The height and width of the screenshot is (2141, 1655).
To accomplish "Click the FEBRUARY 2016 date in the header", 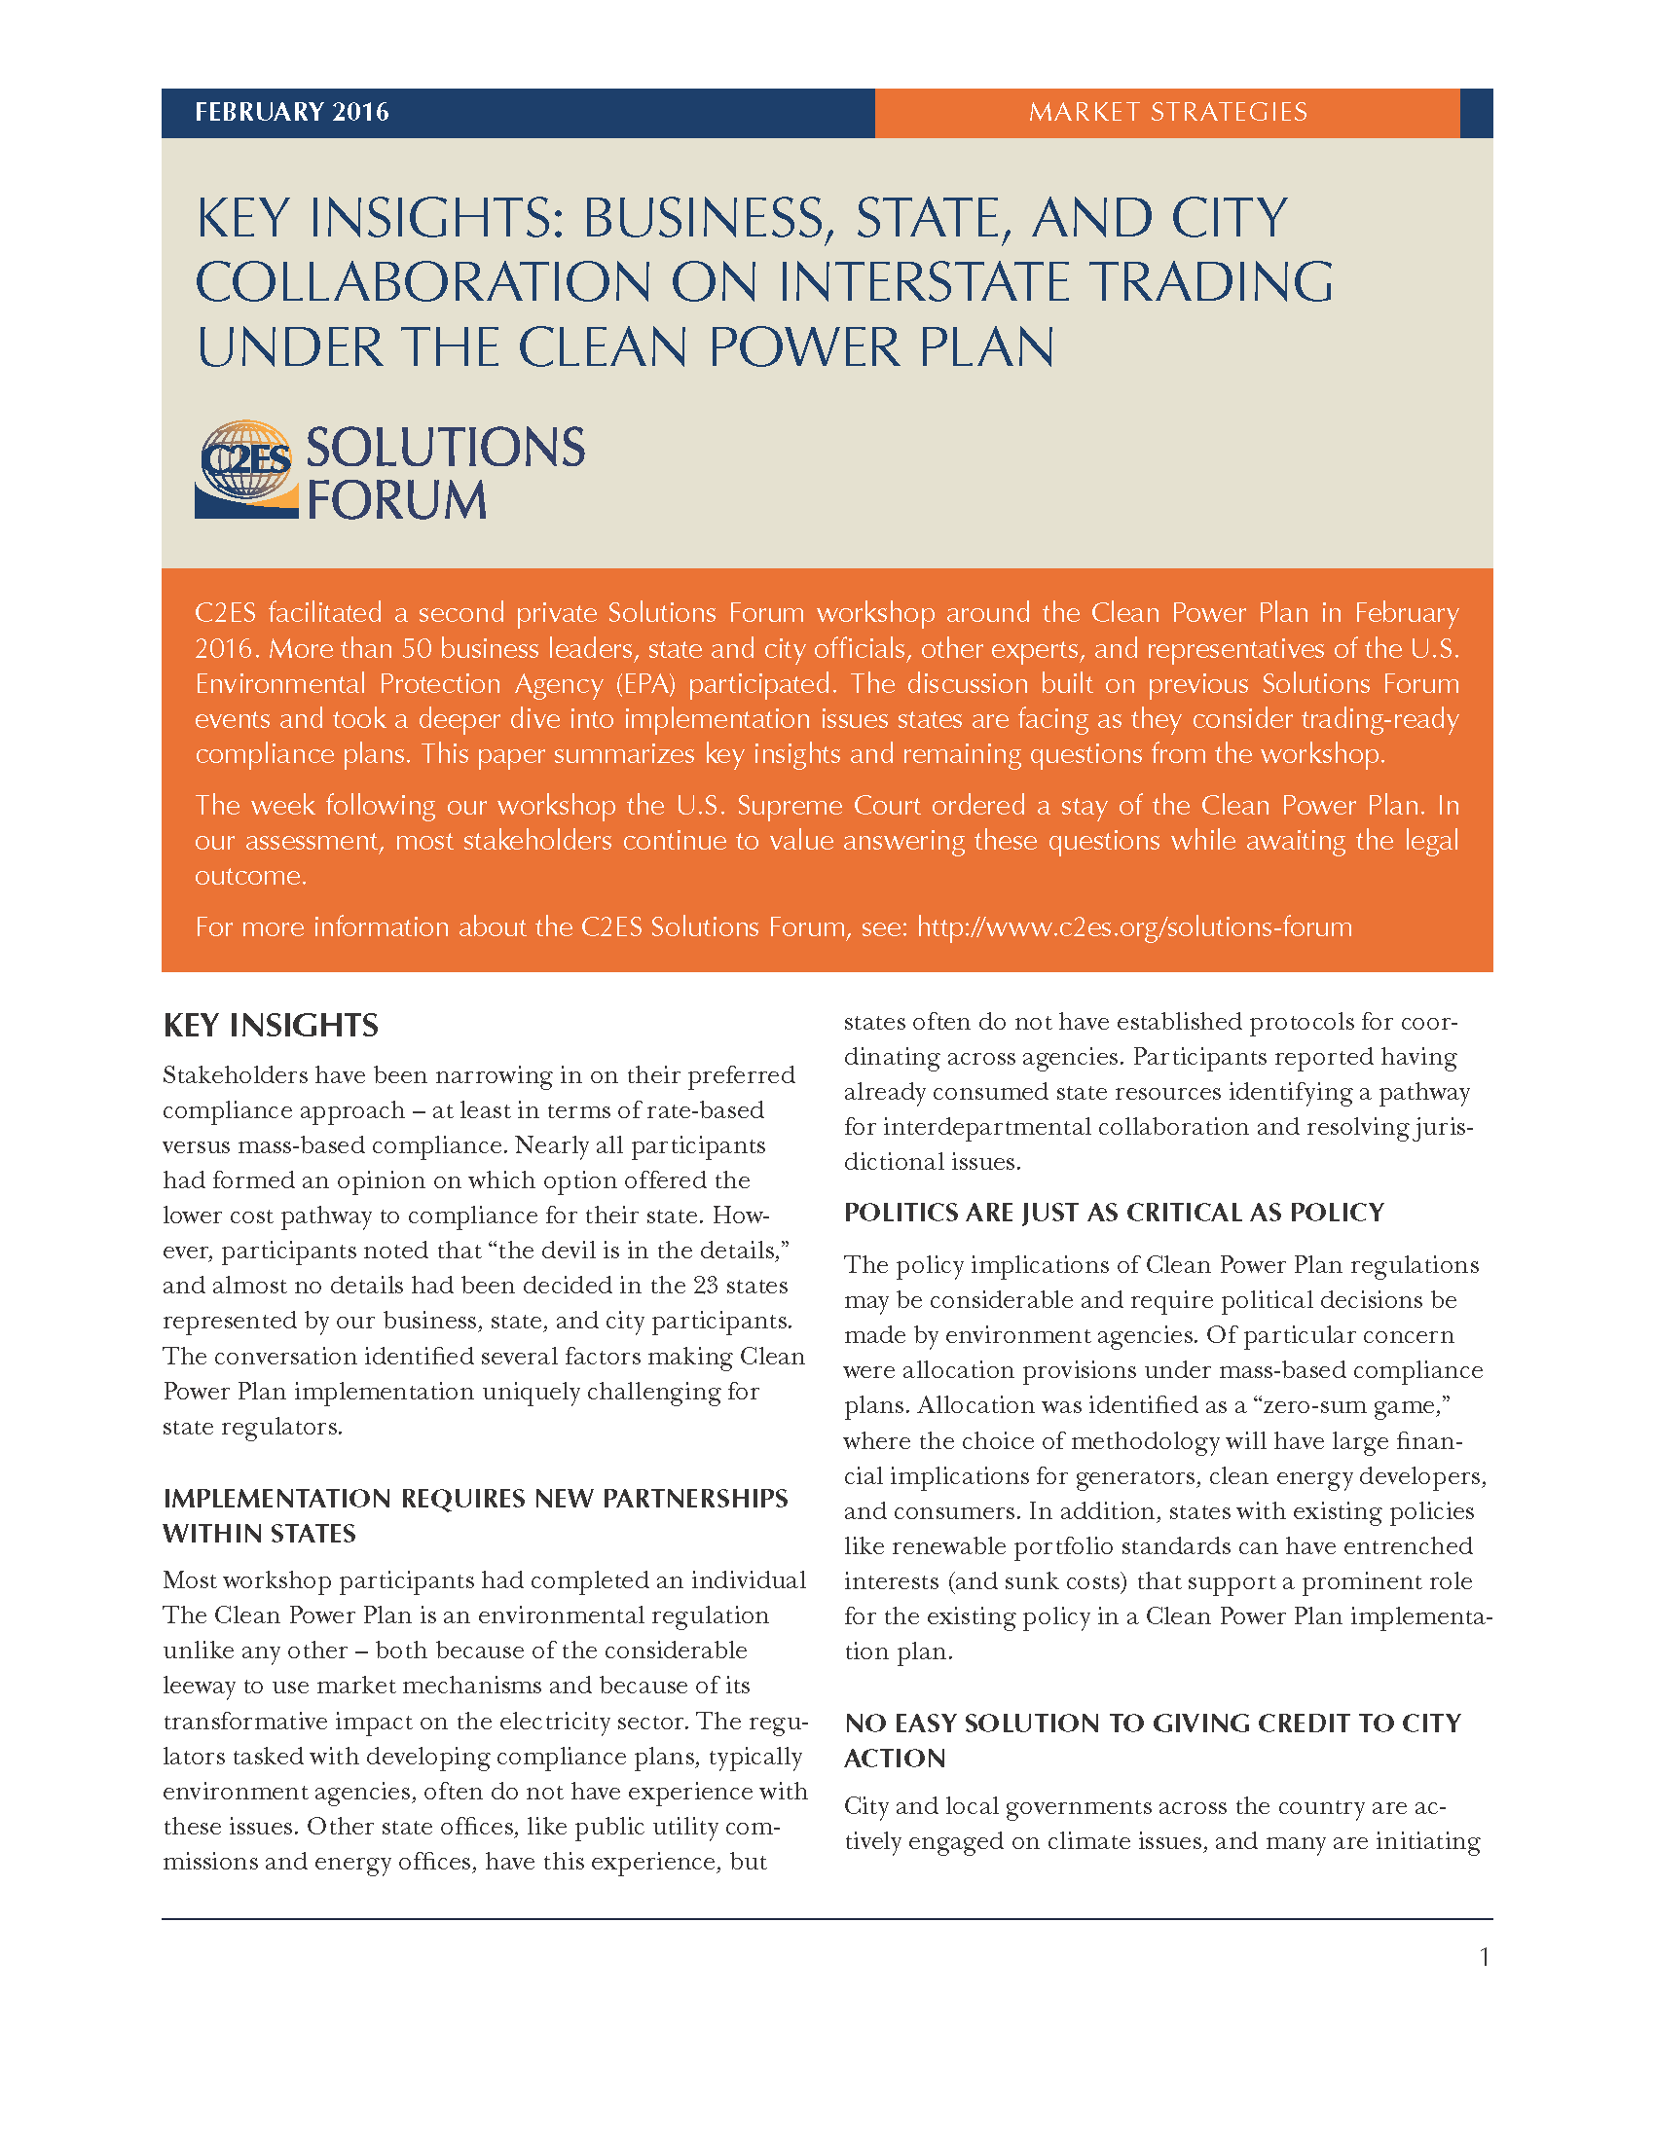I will tap(291, 113).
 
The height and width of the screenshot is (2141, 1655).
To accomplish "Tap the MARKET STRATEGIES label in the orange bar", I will tap(1166, 113).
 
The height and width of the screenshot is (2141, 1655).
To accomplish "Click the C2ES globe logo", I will tap(246, 469).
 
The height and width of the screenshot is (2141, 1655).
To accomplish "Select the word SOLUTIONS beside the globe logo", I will tap(445, 448).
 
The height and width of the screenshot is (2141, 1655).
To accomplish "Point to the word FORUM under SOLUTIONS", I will tap(396, 500).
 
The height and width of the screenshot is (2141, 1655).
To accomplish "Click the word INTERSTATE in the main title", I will tap(923, 282).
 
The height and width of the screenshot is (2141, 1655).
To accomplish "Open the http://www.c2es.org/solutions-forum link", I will tap(1134, 927).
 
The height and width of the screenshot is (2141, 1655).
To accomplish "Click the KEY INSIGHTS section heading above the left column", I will tap(271, 1026).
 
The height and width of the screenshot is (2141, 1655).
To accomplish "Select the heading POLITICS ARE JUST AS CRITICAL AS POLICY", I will tap(1114, 1213).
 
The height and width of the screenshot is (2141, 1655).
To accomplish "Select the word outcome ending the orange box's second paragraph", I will tap(250, 876).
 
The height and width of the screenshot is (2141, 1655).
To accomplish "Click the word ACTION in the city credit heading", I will tap(895, 1759).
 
